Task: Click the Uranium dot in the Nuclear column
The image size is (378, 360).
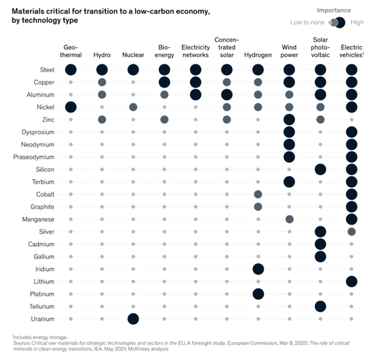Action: (133, 319)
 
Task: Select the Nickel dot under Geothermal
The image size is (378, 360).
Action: (71, 107)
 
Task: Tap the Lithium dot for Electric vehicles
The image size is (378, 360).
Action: (351, 282)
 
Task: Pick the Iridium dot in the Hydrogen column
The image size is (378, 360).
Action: (258, 269)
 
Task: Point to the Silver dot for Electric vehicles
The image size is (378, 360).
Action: (351, 232)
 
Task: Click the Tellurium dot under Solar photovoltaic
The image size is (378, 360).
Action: (320, 306)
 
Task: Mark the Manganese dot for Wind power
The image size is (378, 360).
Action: (289, 219)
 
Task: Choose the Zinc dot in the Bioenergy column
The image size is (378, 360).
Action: (164, 120)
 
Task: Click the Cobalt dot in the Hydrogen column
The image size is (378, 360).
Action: (258, 194)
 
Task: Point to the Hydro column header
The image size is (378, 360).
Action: (102, 55)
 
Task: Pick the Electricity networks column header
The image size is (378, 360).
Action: (195, 51)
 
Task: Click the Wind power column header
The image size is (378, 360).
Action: (289, 51)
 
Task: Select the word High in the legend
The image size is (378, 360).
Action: (357, 22)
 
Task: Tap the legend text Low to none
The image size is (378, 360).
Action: (307, 22)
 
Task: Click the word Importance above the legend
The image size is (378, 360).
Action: (334, 10)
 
